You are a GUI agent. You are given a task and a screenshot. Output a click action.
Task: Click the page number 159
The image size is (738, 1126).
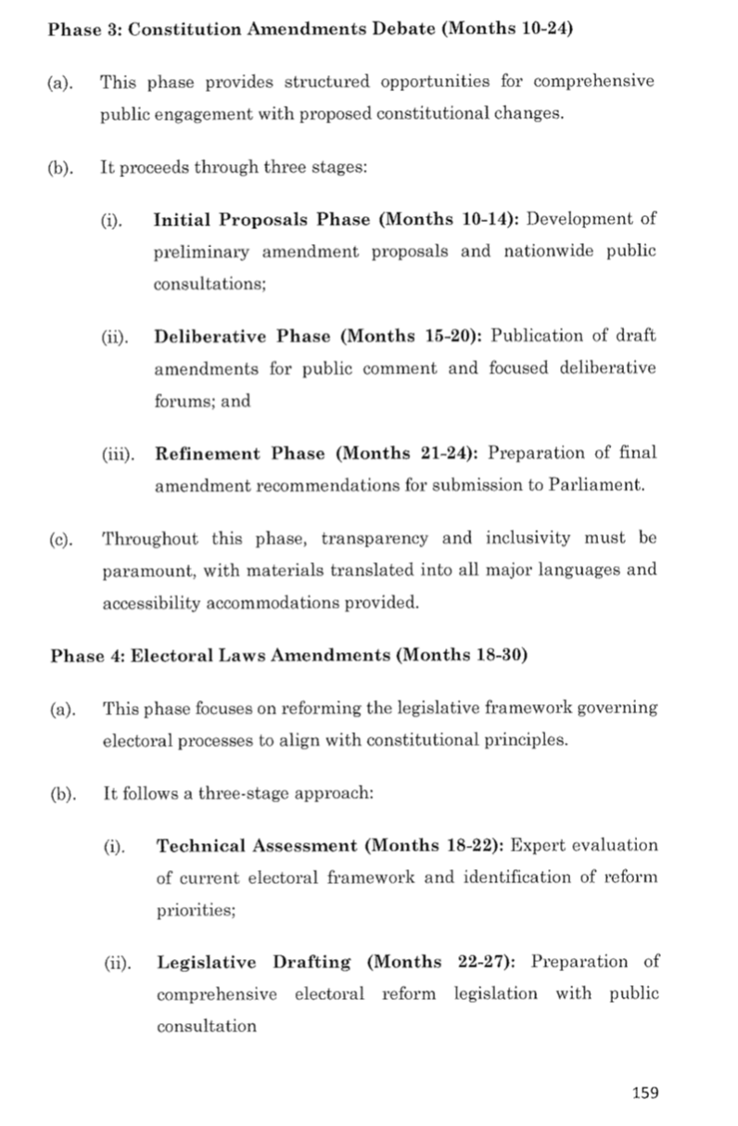pos(644,1092)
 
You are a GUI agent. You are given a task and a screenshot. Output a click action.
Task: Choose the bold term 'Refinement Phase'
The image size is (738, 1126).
pos(241,453)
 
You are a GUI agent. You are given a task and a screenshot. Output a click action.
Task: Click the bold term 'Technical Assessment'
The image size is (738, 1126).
pos(257,845)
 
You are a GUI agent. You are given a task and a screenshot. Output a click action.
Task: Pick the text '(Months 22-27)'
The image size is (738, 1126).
pos(448,962)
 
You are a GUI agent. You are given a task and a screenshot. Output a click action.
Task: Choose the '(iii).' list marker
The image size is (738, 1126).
pos(119,454)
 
